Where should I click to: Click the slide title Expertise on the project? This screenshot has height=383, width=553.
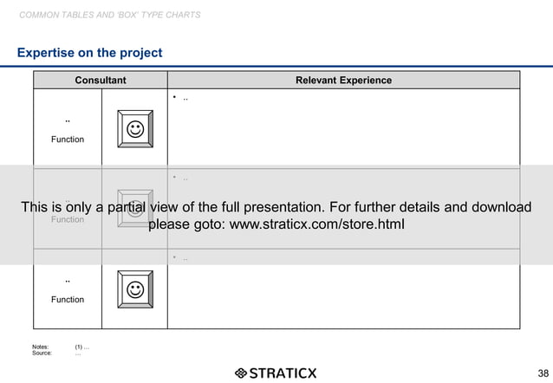pyautogui.click(x=89, y=53)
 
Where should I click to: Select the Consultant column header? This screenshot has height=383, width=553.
pyautogui.click(x=101, y=81)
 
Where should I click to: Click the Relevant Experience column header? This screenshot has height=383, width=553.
pyautogui.click(x=343, y=81)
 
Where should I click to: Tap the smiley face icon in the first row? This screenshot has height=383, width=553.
pyautogui.click(x=134, y=129)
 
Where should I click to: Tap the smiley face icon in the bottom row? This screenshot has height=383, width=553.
pyautogui.click(x=134, y=289)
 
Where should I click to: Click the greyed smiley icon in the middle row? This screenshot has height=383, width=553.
pyautogui.click(x=134, y=209)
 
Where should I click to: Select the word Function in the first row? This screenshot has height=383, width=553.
pyautogui.click(x=68, y=140)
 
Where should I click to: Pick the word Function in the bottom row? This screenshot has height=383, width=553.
pyautogui.click(x=68, y=300)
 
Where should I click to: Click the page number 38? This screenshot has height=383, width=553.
pyautogui.click(x=543, y=373)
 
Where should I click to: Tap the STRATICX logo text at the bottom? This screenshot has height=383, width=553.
pyautogui.click(x=283, y=373)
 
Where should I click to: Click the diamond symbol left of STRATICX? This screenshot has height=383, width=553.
pyautogui.click(x=241, y=373)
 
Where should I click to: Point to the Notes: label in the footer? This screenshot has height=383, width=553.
pyautogui.click(x=41, y=347)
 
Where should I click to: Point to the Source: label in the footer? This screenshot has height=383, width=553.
pyautogui.click(x=42, y=354)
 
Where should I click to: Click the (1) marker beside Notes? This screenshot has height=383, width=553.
pyautogui.click(x=79, y=347)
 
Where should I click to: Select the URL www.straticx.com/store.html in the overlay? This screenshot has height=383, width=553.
pyautogui.click(x=316, y=225)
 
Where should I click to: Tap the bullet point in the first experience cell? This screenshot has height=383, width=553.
pyautogui.click(x=174, y=98)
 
